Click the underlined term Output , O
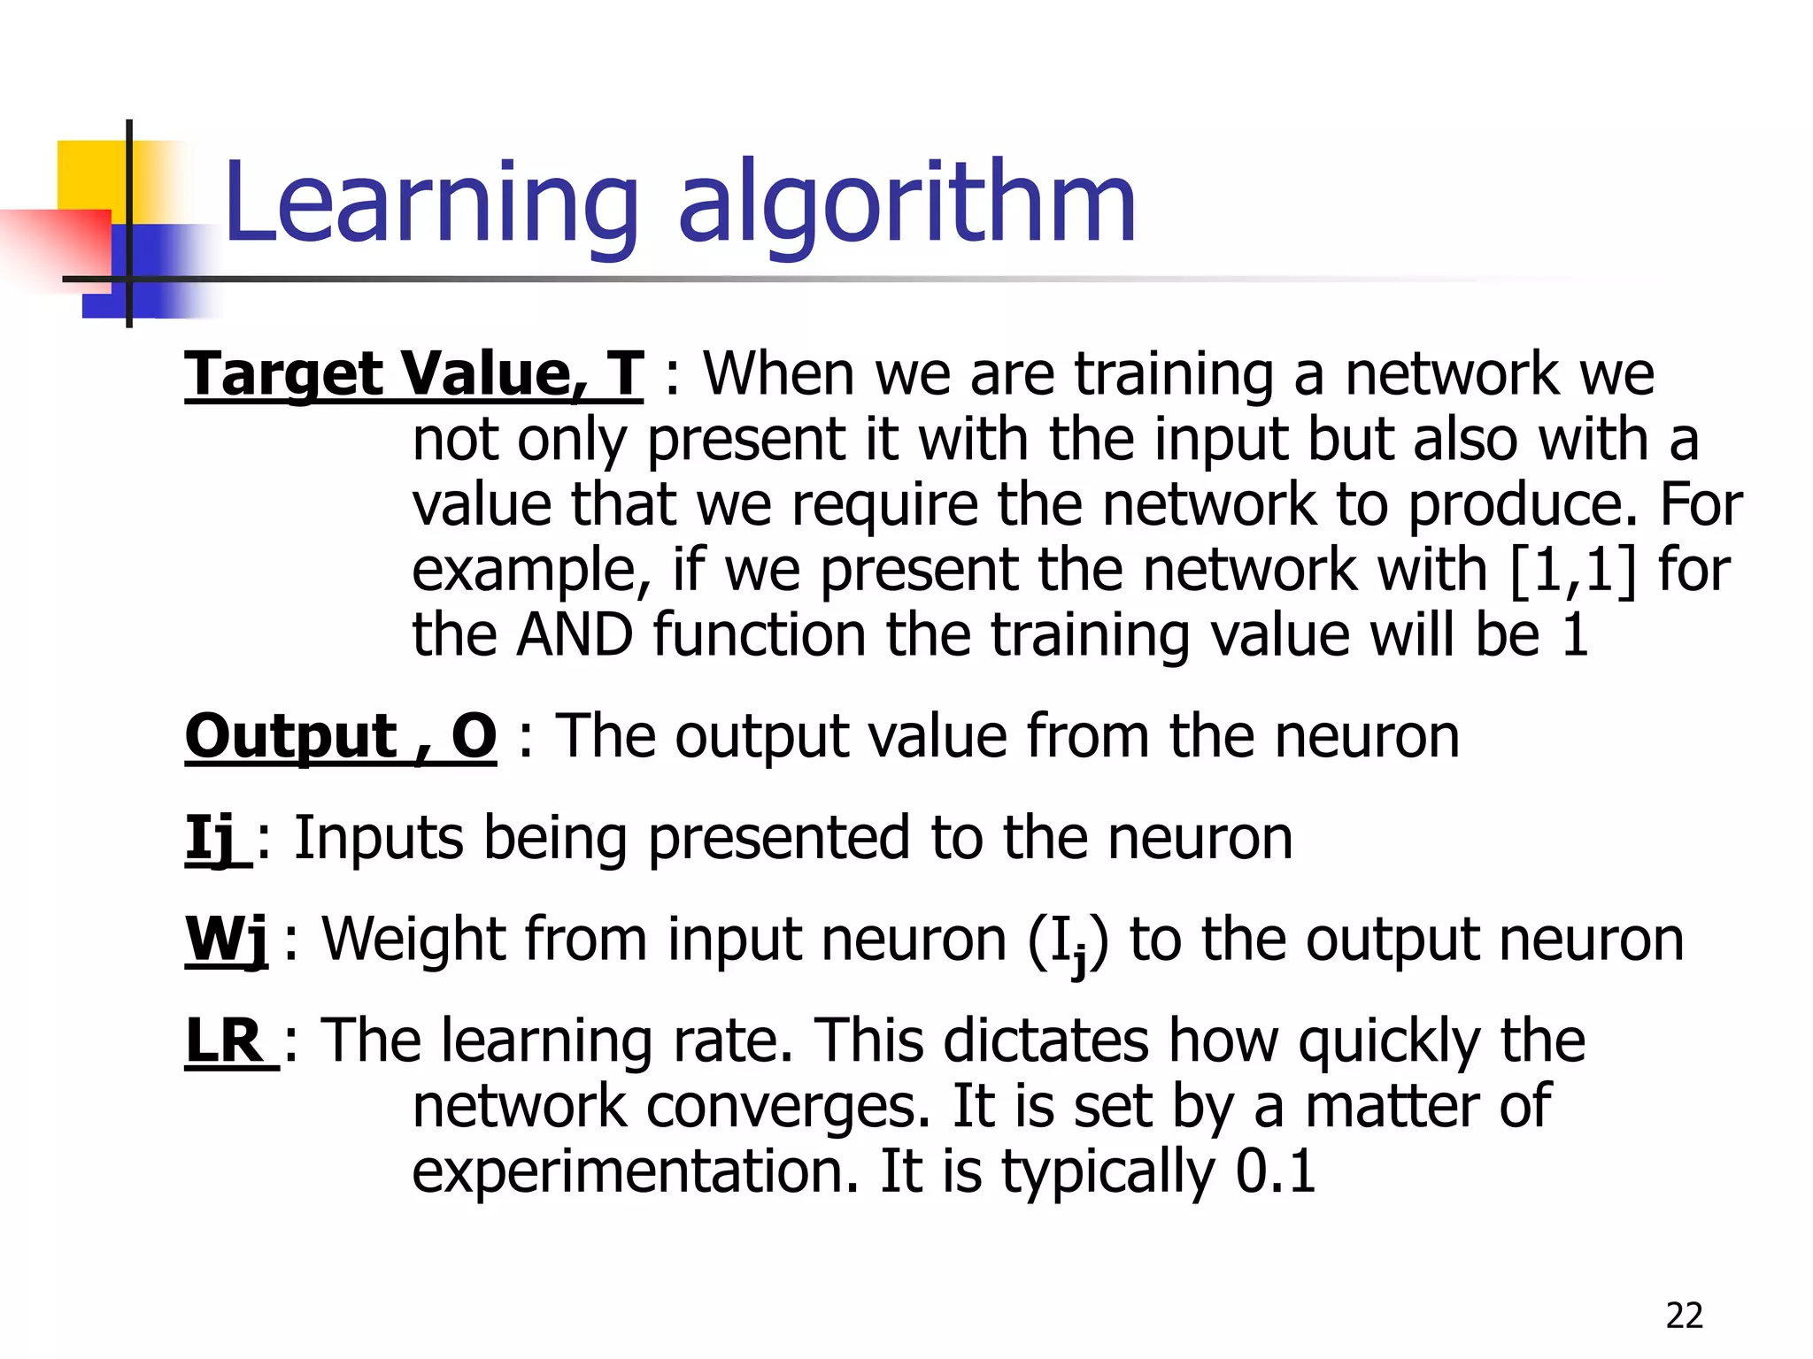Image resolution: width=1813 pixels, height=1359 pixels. pos(341,736)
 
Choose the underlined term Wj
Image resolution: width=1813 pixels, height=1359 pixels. pos(227,940)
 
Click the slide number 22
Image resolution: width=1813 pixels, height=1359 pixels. pos(1684,1316)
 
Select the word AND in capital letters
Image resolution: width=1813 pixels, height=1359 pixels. pos(575,635)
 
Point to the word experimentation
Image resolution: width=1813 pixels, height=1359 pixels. pos(636,1171)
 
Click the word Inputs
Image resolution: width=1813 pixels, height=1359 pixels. pos(378,838)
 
